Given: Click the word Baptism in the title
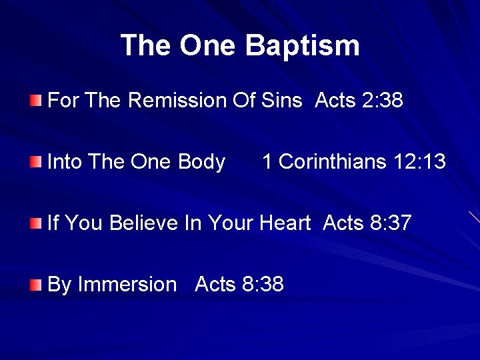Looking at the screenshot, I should pos(302,45).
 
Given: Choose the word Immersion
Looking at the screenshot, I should pos(127,285).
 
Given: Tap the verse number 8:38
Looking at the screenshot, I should pos(264,285).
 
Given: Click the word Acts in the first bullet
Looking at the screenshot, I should pos(335,101).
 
